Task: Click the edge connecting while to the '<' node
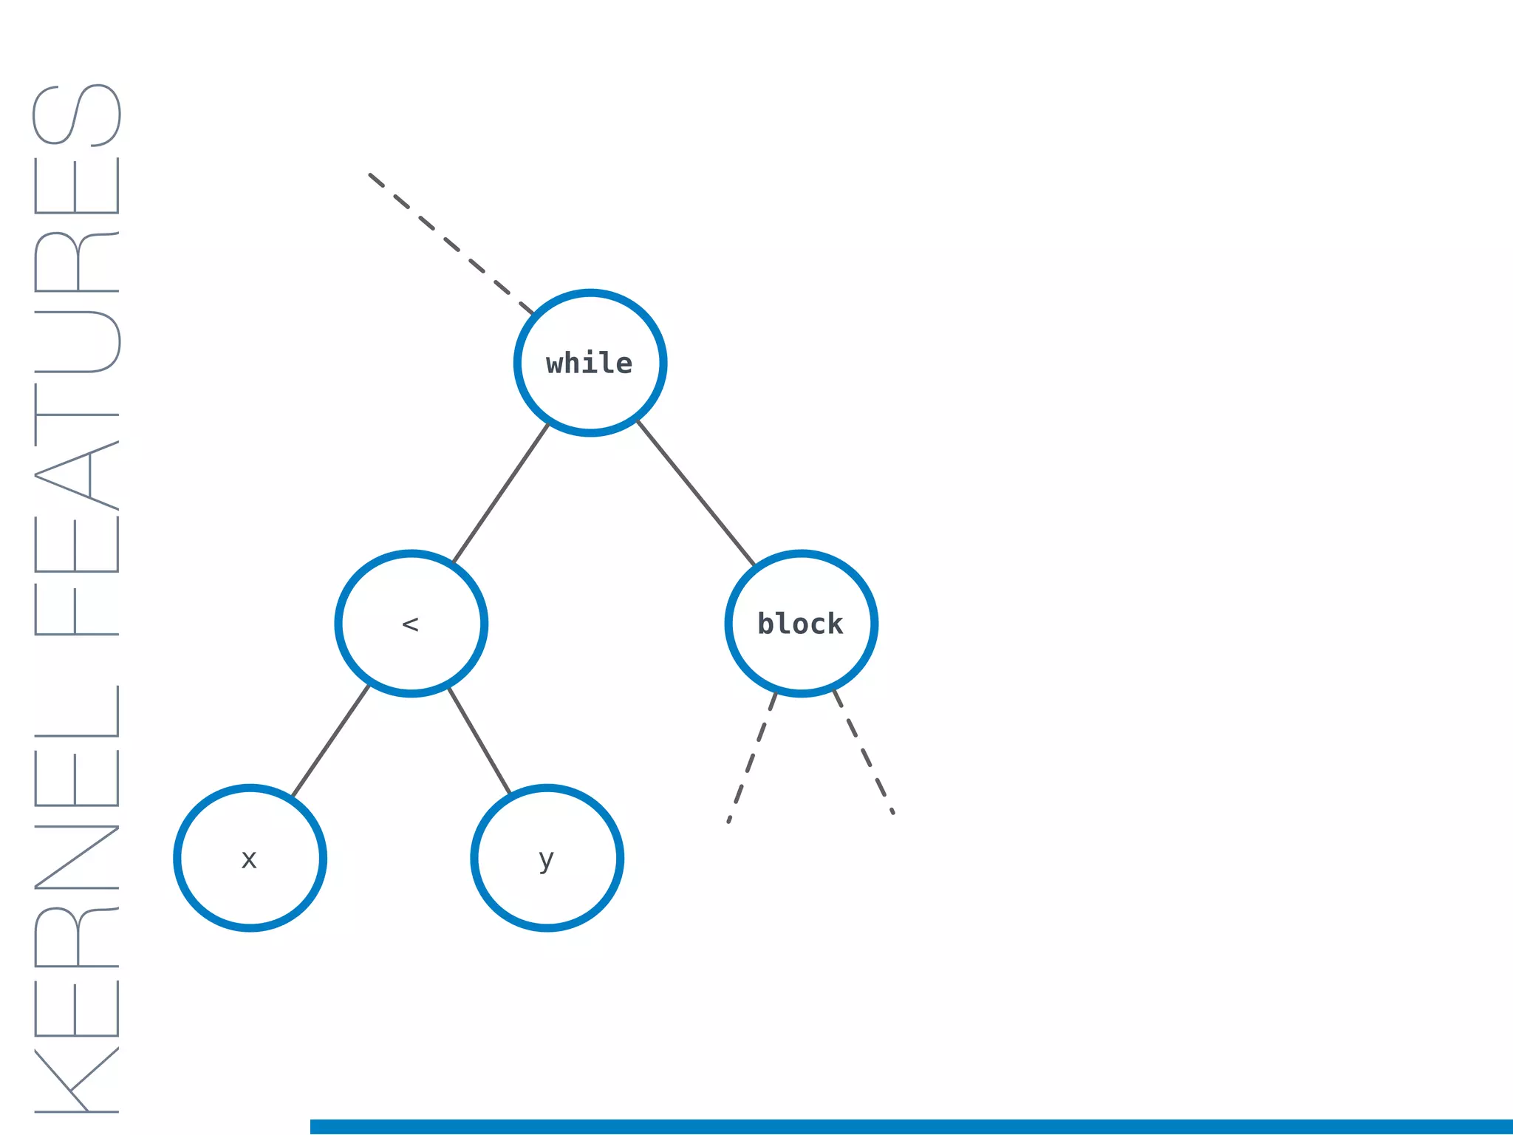(x=500, y=494)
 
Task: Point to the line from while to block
(x=696, y=494)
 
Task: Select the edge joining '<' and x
(x=330, y=741)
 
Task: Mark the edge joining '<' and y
(x=479, y=741)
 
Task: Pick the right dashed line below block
(x=864, y=752)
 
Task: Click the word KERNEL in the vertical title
(x=77, y=898)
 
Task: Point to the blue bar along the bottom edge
(x=912, y=1127)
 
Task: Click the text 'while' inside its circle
(x=590, y=364)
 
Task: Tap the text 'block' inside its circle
(x=801, y=624)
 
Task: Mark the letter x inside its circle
(x=249, y=859)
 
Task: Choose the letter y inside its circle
(x=546, y=860)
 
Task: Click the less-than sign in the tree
(x=410, y=625)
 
